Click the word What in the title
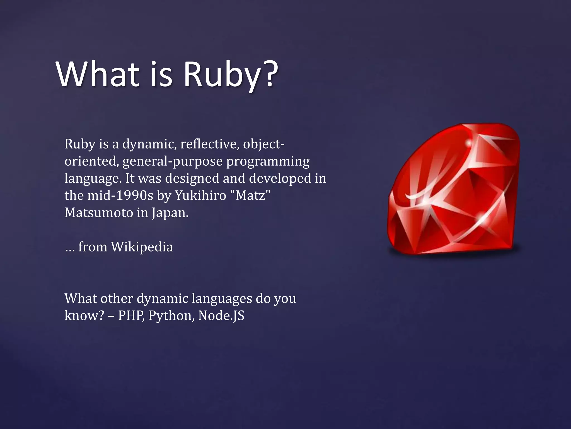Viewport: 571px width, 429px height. click(x=98, y=74)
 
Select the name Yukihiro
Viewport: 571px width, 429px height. click(x=200, y=196)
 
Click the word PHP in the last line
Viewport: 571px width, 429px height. click(x=131, y=316)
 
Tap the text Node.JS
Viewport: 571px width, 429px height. click(x=221, y=316)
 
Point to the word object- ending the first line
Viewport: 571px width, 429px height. click(x=264, y=144)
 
